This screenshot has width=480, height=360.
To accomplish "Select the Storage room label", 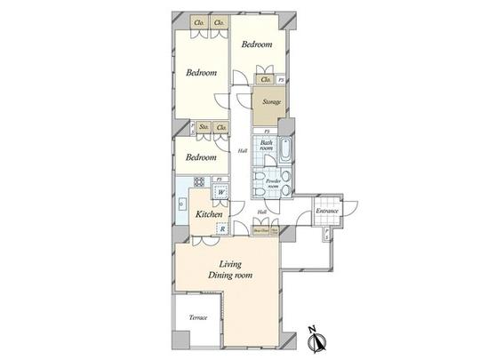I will pyautogui.click(x=271, y=102).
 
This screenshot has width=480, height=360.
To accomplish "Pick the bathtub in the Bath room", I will pyautogui.click(x=284, y=151).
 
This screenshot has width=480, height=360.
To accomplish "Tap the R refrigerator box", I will pyautogui.click(x=220, y=229).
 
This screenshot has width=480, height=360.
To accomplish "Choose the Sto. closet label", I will pyautogui.click(x=203, y=129).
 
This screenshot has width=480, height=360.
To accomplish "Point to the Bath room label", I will pyautogui.click(x=266, y=145).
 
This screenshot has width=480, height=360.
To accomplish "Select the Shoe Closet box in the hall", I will pyautogui.click(x=260, y=229).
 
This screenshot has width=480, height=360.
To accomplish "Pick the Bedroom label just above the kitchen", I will pyautogui.click(x=201, y=157).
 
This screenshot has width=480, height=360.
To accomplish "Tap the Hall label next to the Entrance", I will pyautogui.click(x=261, y=212).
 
